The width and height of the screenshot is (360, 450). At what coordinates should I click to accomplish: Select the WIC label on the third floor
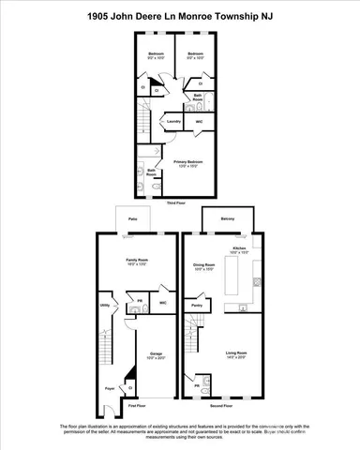click(x=199, y=122)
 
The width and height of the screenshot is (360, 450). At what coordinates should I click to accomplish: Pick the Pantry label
click(x=197, y=306)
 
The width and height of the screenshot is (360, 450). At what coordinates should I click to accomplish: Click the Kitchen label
click(x=239, y=248)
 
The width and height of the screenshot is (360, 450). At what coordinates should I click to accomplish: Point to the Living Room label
click(x=235, y=352)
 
